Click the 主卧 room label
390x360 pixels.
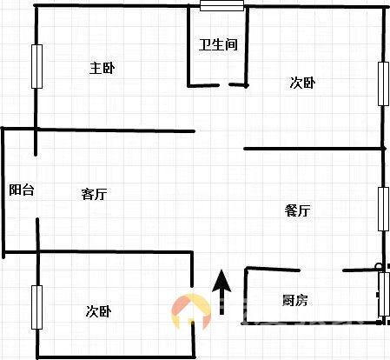pyautogui.click(x=102, y=69)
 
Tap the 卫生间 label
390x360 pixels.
pyautogui.click(x=218, y=44)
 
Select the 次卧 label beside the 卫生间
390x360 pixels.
pyautogui.click(x=302, y=83)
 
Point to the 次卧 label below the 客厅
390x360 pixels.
pyautogui.click(x=98, y=311)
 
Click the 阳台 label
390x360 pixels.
pyautogui.click(x=22, y=190)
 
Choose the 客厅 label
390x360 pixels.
pyautogui.click(x=94, y=194)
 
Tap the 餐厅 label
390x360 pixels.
pyautogui.click(x=298, y=210)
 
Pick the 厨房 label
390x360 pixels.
pyautogui.click(x=294, y=300)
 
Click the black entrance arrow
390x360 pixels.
pyautogui.click(x=221, y=292)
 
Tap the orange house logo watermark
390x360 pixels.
pyautogui.click(x=191, y=311)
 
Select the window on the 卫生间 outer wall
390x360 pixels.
pyautogui.click(x=221, y=6)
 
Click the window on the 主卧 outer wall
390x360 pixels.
pyautogui.click(x=36, y=66)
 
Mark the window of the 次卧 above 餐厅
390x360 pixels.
pyautogui.click(x=383, y=83)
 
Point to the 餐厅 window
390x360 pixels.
pyautogui.click(x=383, y=209)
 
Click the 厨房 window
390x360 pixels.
pyautogui.click(x=384, y=294)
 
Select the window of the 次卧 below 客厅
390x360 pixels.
pyautogui.click(x=36, y=307)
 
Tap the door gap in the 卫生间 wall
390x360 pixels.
pyautogui.click(x=224, y=85)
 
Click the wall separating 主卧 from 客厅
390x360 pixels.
pyautogui.click(x=116, y=130)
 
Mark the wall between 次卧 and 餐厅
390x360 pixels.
pyautogui.click(x=314, y=149)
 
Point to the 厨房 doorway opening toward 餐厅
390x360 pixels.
pyautogui.click(x=321, y=270)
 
